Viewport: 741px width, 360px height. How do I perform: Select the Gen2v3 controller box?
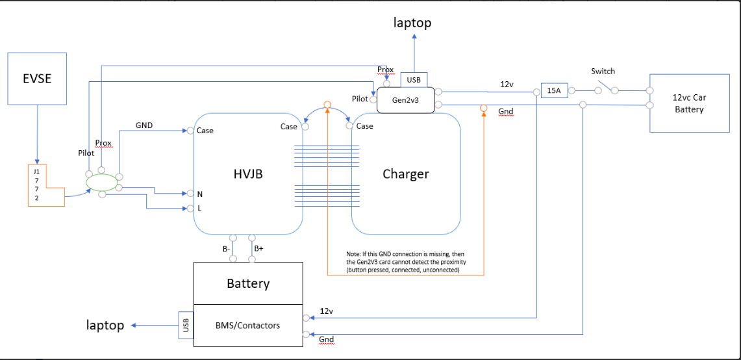coord(405,101)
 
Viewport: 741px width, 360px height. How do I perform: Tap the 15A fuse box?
coord(553,91)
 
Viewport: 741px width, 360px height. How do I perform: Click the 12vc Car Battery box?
coord(689,104)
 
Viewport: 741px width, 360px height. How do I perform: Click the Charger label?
coord(405,174)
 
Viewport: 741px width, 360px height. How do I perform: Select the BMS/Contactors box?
coord(248,325)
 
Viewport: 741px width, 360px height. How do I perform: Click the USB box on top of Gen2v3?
coord(413,80)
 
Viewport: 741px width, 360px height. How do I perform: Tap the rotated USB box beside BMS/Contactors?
coord(186,325)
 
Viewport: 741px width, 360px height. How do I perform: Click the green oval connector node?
coord(102,183)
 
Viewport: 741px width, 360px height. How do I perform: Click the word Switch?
coord(603,71)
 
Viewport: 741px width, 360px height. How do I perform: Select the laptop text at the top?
coord(412,23)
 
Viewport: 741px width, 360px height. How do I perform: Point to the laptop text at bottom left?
coord(105,325)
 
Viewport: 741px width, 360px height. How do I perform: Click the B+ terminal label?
coord(258,248)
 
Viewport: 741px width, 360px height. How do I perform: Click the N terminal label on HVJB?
coord(199,194)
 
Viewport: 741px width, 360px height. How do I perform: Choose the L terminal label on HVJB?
coord(199,209)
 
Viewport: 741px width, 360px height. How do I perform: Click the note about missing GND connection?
coord(407,261)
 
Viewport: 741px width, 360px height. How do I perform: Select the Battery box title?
coord(248,283)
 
